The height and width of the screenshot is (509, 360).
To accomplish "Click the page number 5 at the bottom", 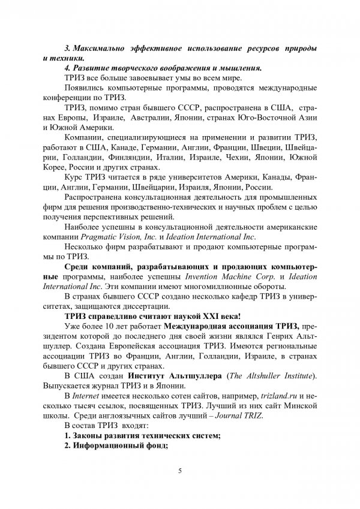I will point(180,471).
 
